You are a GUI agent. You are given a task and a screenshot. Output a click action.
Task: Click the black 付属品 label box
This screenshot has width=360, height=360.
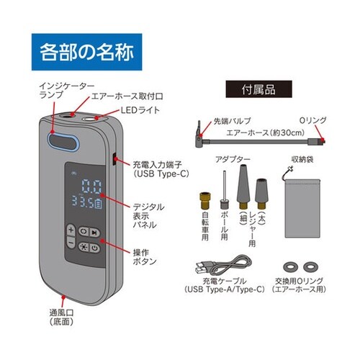click(251, 91)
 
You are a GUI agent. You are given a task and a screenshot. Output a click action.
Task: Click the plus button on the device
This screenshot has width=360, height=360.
click(72, 231)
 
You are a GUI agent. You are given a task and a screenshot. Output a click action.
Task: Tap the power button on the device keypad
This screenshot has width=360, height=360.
click(96, 246)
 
